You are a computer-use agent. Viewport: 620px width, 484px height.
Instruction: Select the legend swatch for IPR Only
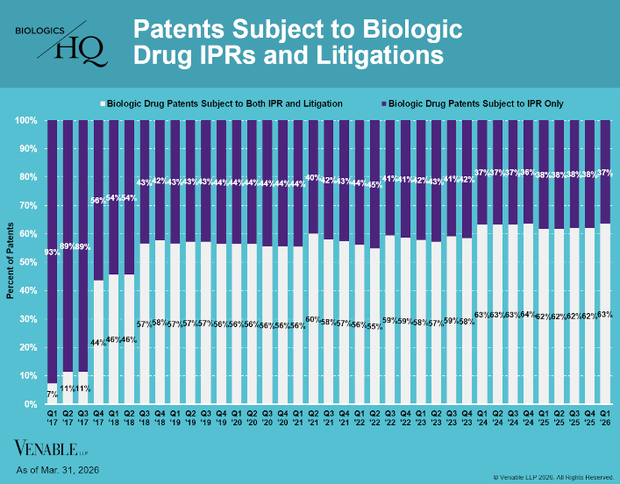[x=381, y=103]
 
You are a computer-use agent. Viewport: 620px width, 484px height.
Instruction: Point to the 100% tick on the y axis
[x=26, y=120]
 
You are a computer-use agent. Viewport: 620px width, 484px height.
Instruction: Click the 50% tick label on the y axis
[x=26, y=262]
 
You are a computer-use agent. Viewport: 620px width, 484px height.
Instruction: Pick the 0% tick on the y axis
[x=29, y=405]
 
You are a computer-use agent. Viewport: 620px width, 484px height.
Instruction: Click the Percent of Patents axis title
[x=10, y=262]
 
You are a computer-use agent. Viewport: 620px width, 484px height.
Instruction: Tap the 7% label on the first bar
[x=52, y=394]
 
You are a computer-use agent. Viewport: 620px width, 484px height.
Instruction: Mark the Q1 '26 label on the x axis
[x=604, y=418]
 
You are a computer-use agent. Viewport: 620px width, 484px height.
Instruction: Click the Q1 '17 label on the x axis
[x=52, y=418]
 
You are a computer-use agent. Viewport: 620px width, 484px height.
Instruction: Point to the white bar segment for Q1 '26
[x=604, y=351]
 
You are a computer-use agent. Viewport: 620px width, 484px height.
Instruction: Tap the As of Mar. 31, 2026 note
[x=58, y=471]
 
